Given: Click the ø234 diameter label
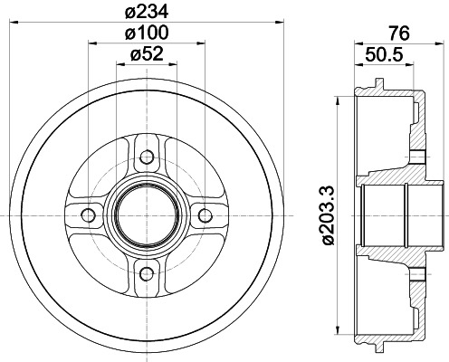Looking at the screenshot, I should [x=147, y=12].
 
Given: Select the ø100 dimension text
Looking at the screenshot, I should [x=147, y=33].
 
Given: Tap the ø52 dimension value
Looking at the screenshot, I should [x=147, y=54].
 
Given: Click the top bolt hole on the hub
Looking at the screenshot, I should [x=147, y=156].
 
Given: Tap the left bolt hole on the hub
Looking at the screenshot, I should [x=89, y=214].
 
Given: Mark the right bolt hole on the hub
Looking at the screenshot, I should [x=205, y=214].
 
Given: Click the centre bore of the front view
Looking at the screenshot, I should [x=147, y=214].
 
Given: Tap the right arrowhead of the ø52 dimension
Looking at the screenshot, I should [x=175, y=63].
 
